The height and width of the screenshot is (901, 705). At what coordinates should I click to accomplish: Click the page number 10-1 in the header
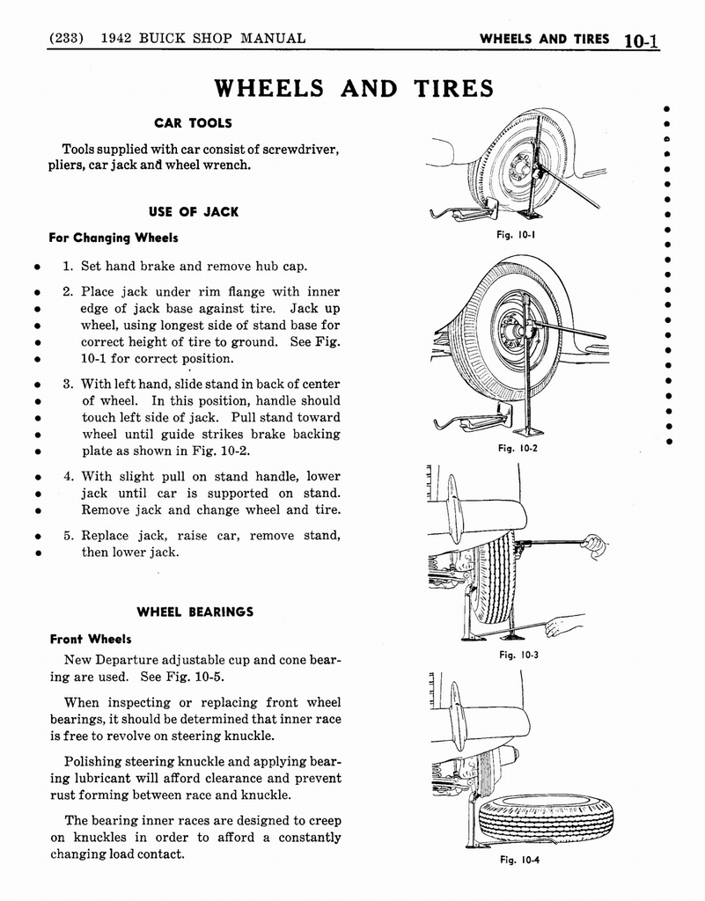tap(641, 39)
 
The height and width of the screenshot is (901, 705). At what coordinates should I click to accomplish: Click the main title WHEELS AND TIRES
tap(354, 88)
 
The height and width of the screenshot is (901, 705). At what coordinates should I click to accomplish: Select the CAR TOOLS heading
tap(193, 122)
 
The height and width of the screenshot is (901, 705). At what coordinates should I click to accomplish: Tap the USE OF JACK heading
tap(194, 212)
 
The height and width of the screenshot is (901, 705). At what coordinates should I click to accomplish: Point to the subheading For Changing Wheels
tap(114, 238)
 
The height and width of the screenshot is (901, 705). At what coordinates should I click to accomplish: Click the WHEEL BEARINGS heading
tap(195, 612)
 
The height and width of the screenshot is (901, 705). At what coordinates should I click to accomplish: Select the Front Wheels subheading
tap(91, 639)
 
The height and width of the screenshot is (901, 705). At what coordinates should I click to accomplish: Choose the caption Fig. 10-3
tap(518, 655)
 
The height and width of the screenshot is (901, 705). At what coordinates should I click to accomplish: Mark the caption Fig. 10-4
tap(518, 860)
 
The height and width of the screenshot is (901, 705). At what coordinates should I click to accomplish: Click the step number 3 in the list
tap(67, 384)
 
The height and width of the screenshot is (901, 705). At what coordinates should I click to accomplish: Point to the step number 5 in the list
tap(67, 535)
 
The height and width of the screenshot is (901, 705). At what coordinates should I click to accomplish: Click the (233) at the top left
tap(66, 38)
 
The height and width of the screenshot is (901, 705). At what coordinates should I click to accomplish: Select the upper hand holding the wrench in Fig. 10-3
tap(595, 545)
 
